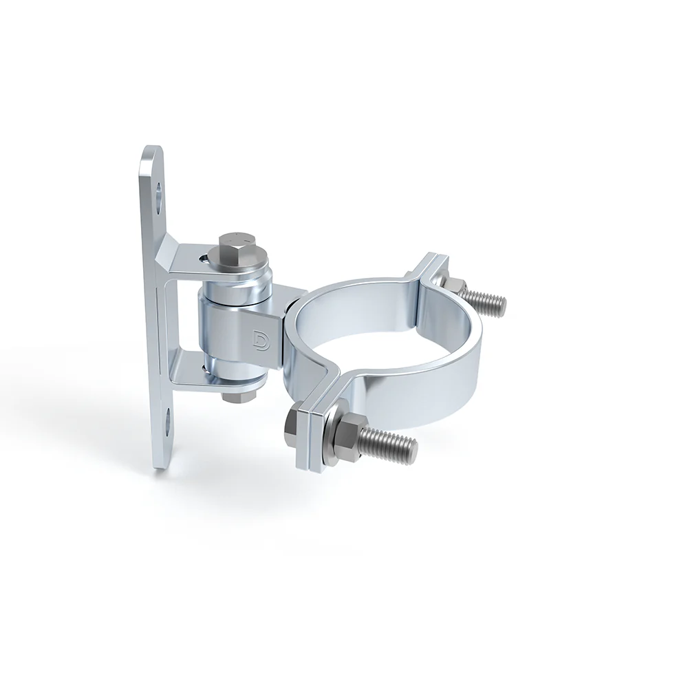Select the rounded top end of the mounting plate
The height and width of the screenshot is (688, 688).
(x=153, y=155)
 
